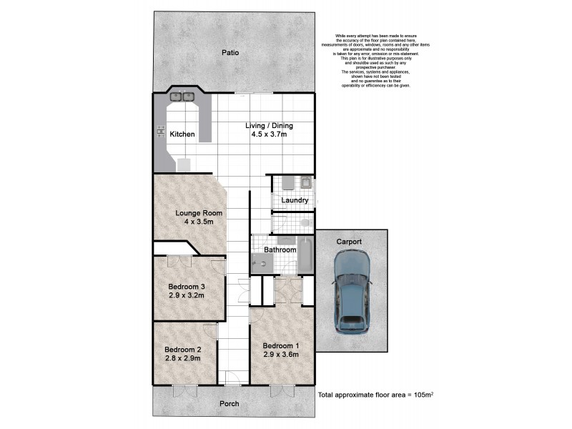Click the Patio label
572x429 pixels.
pos(230,52)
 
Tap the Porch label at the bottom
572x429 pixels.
pos(230,403)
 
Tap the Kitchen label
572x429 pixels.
pos(182,134)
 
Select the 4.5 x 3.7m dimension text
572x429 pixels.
pos(269,134)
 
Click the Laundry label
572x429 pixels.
pos(294,200)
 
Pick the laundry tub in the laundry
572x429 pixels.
pos(305,182)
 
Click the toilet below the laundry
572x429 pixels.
pos(305,223)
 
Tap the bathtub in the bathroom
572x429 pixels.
pos(305,256)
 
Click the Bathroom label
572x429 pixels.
pos(280,250)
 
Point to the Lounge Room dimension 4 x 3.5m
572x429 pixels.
pos(199,222)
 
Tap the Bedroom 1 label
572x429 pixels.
pos(281,345)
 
